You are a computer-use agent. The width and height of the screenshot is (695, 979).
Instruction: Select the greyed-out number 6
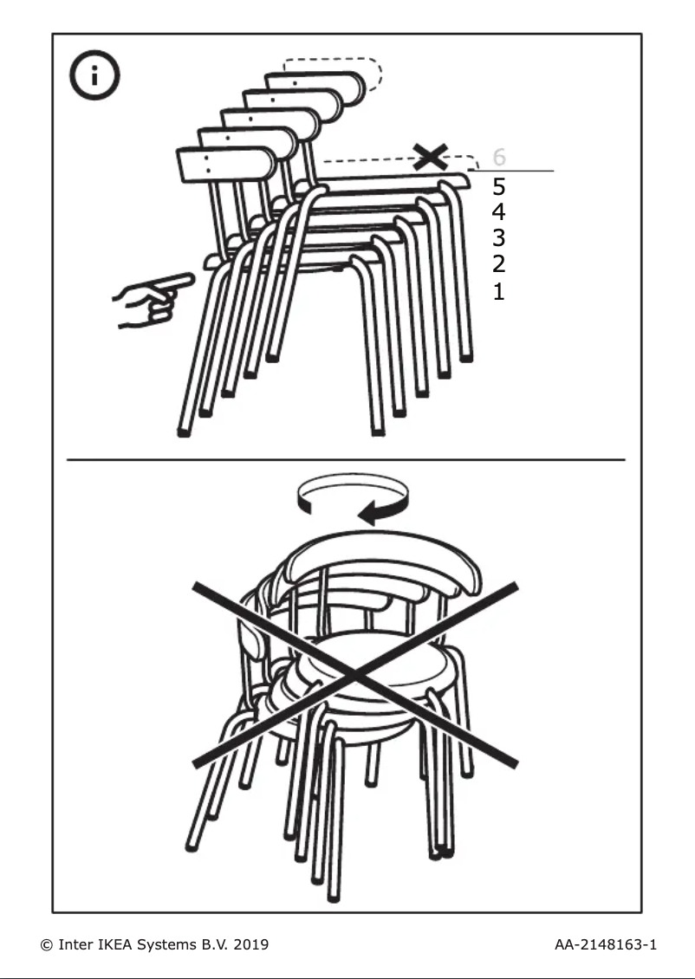(498, 158)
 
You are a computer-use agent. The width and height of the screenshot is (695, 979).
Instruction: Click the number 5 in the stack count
(498, 186)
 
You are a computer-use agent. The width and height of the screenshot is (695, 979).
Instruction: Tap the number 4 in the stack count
(498, 212)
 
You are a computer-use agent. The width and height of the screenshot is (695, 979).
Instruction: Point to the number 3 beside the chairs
(498, 238)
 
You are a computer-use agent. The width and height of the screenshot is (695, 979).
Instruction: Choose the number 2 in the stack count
(498, 264)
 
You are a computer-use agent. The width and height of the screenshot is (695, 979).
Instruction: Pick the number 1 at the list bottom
(498, 291)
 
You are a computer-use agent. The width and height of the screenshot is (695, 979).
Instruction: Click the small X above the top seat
(430, 157)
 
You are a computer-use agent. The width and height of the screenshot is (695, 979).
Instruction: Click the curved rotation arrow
(353, 500)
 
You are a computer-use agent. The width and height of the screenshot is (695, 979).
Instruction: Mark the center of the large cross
(355, 674)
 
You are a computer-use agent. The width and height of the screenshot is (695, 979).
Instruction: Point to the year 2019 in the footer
(250, 943)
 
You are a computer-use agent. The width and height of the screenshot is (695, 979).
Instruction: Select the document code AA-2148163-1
(605, 943)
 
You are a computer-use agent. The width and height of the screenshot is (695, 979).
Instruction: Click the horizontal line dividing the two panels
(347, 459)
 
